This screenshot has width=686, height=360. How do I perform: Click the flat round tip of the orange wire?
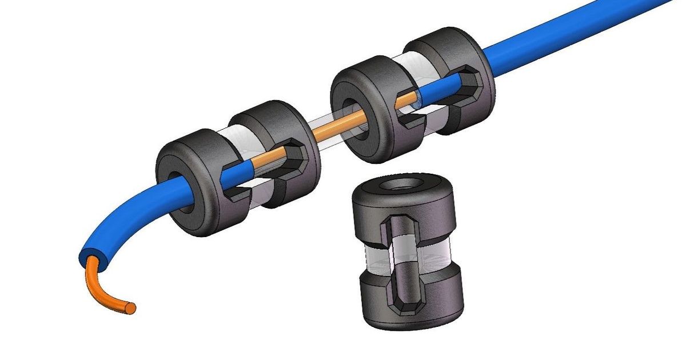click(x=131, y=308)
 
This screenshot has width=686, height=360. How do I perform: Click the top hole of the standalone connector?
click(x=404, y=186)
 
